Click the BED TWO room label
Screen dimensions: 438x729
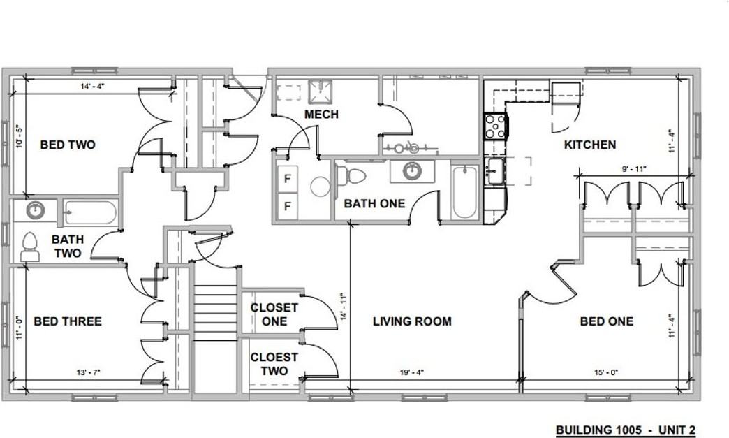(x=68, y=145)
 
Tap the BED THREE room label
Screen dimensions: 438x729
(x=68, y=321)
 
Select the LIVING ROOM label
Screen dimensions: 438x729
(x=412, y=321)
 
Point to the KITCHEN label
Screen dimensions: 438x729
(x=590, y=145)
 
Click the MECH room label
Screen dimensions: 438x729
(x=322, y=115)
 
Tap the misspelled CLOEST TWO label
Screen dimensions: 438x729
(x=274, y=364)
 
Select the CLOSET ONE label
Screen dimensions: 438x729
(x=274, y=314)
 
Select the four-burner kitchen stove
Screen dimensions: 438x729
(x=496, y=126)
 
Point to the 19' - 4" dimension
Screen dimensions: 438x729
(x=412, y=372)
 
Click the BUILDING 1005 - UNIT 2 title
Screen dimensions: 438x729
(x=626, y=430)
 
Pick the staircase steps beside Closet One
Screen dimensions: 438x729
(x=215, y=312)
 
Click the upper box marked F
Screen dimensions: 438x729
(x=287, y=179)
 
